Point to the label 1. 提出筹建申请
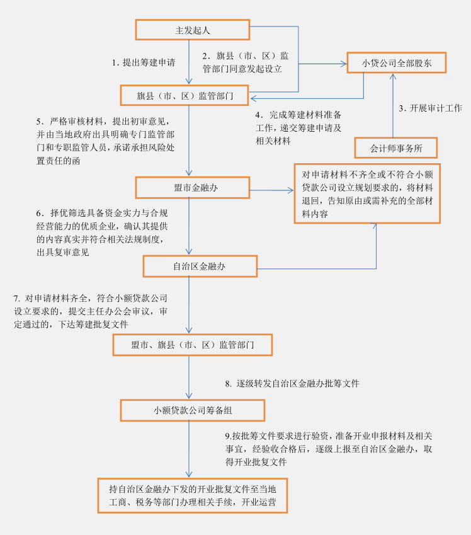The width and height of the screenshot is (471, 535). pos(144,62)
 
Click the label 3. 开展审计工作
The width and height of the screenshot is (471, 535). pos(431,108)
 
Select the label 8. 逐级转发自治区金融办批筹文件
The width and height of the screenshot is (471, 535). pos(292,384)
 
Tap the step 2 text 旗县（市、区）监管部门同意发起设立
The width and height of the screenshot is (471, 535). pos(246,62)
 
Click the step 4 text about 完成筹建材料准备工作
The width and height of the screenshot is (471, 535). pos(298,128)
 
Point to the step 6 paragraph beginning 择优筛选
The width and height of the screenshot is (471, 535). pos(102,233)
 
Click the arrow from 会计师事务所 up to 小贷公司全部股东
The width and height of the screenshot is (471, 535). pos(393,105)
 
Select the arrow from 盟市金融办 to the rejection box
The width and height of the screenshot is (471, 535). pos(271,190)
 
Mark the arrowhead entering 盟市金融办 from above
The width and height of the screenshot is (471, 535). pos(189,173)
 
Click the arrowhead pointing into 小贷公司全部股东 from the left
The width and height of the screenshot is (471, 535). pos(343,64)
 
